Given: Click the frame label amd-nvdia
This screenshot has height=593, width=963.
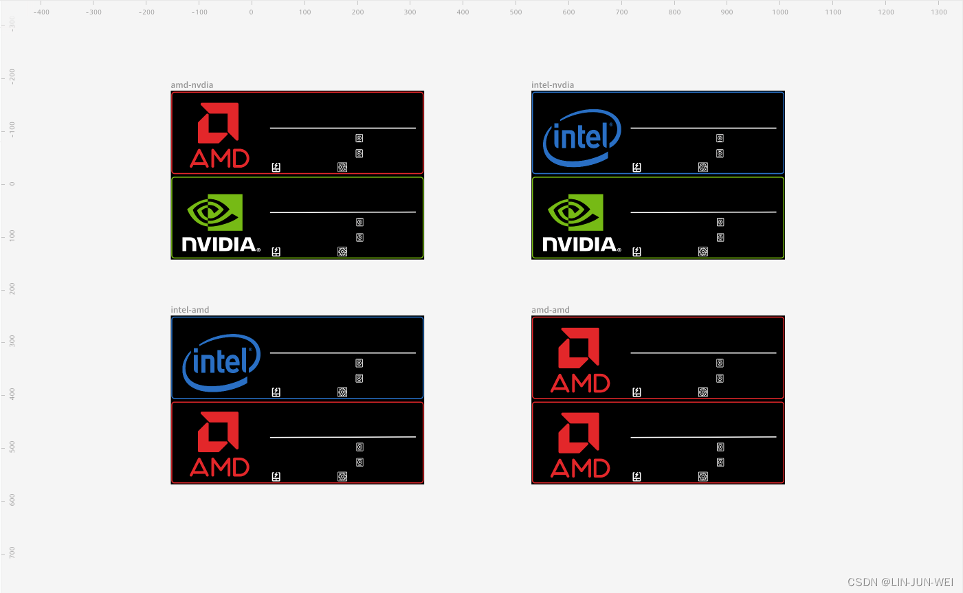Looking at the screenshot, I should click(x=192, y=85).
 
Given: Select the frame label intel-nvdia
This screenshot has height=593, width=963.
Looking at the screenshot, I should click(x=553, y=85).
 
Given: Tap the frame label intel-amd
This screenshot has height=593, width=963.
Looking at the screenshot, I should click(x=190, y=310).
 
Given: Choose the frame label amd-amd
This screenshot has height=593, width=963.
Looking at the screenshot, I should click(x=551, y=310).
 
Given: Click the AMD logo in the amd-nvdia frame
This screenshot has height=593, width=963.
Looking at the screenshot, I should click(x=219, y=135).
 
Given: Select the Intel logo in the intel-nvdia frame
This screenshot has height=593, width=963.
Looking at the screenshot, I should click(x=582, y=137).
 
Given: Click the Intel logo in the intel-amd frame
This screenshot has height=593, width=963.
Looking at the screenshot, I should click(x=221, y=362).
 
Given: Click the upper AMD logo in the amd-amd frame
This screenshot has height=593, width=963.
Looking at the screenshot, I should click(x=580, y=360).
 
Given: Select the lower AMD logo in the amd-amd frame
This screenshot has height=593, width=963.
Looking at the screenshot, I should click(x=580, y=445).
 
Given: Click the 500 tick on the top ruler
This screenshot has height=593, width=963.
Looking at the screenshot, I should click(x=516, y=12).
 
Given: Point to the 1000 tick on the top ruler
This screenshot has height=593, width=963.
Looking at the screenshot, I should click(x=780, y=12).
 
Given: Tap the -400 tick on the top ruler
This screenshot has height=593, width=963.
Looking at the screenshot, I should click(x=41, y=12).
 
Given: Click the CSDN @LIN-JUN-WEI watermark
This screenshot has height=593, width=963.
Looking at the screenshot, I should click(x=900, y=582).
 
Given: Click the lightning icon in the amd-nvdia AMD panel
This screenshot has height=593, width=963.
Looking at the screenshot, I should click(x=276, y=167).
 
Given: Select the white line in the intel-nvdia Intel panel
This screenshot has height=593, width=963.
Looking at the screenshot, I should click(x=703, y=128).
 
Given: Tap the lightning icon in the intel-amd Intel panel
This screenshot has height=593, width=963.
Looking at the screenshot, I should click(x=276, y=392).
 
